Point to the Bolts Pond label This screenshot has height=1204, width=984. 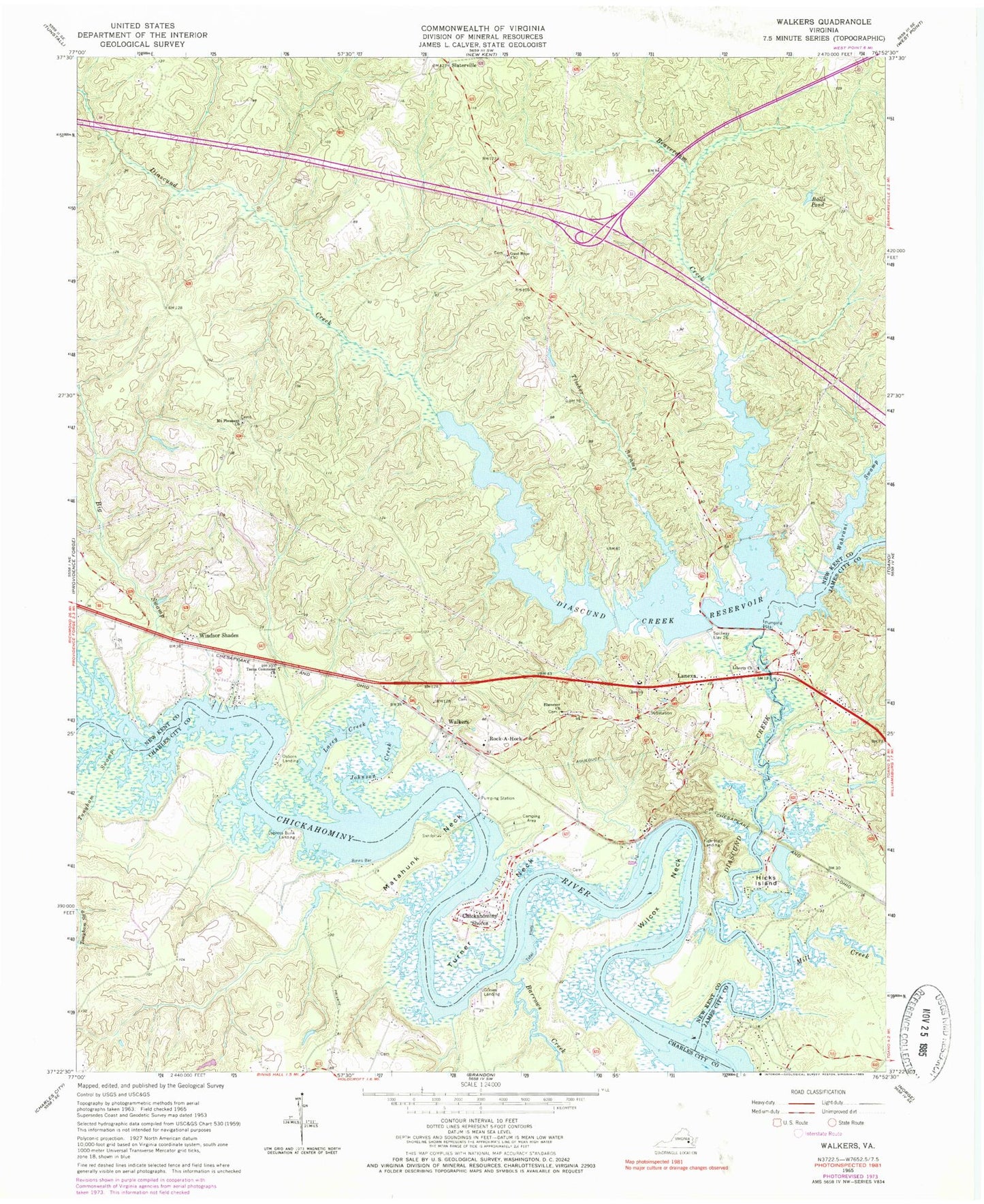coord(819,202)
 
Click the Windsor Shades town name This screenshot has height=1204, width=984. coord(218,635)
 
